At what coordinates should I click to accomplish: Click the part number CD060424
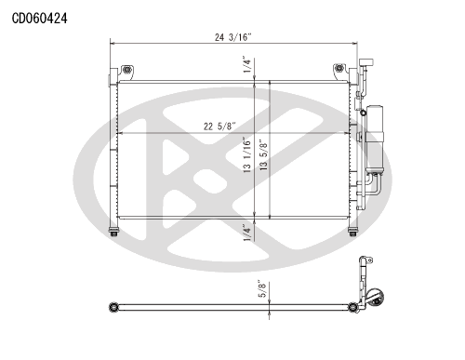click(x=39, y=19)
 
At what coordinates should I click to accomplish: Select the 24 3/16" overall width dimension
click(x=232, y=37)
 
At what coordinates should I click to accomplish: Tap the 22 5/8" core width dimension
click(x=219, y=127)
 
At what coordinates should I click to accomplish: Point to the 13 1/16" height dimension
click(x=246, y=154)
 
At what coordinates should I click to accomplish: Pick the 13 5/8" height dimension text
click(x=263, y=154)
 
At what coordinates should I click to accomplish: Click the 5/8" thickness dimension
click(x=262, y=288)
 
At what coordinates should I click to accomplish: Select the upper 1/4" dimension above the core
click(x=246, y=64)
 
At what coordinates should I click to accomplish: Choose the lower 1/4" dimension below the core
click(x=246, y=233)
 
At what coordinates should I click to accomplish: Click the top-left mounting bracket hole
click(x=126, y=70)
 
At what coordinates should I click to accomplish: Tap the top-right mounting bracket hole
click(x=339, y=68)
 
